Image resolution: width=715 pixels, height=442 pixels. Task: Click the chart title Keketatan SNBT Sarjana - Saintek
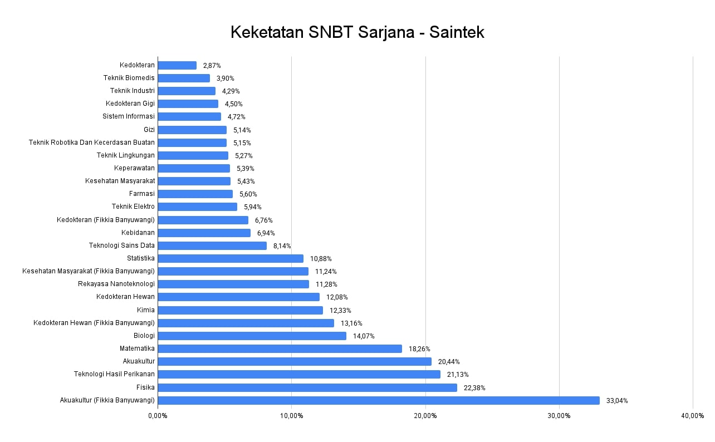(x=357, y=32)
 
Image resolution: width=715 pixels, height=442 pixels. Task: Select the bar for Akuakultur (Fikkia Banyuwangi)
(x=379, y=400)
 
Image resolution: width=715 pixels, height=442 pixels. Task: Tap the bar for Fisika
(x=307, y=387)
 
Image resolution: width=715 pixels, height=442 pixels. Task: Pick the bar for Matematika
(x=280, y=348)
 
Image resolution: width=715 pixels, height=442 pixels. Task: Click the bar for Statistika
(x=231, y=258)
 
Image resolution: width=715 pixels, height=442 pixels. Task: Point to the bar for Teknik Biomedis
(x=184, y=78)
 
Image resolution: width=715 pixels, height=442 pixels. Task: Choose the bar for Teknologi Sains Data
(x=212, y=245)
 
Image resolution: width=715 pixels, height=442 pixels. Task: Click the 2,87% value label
(x=212, y=66)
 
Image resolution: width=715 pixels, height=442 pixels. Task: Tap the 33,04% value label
(x=617, y=401)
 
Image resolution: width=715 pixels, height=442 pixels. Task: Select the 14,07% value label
(x=364, y=336)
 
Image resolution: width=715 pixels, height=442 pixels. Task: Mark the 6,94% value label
(x=266, y=233)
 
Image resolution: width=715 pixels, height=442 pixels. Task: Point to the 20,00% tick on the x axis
(x=425, y=416)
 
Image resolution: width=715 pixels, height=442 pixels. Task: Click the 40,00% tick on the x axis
(x=693, y=416)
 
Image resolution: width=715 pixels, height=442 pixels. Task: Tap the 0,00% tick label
(x=158, y=416)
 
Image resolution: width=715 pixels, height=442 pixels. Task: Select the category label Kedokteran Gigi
(x=130, y=104)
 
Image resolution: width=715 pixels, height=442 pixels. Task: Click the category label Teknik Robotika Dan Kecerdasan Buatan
(x=92, y=143)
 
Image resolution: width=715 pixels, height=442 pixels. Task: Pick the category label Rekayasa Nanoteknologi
(x=116, y=284)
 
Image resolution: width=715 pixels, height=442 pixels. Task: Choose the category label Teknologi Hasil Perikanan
(x=114, y=374)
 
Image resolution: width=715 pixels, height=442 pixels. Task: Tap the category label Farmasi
(x=142, y=194)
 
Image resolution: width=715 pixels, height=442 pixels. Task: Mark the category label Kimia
(x=146, y=310)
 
